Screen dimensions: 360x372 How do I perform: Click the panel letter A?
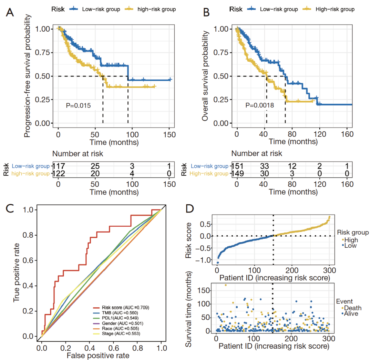[x=10, y=13]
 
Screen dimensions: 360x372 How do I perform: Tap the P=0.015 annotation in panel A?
[x=78, y=106]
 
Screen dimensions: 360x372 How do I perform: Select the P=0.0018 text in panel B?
[x=260, y=105]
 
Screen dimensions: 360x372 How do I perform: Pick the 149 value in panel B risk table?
[x=238, y=173]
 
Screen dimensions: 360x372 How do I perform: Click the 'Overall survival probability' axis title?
[x=206, y=75]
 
